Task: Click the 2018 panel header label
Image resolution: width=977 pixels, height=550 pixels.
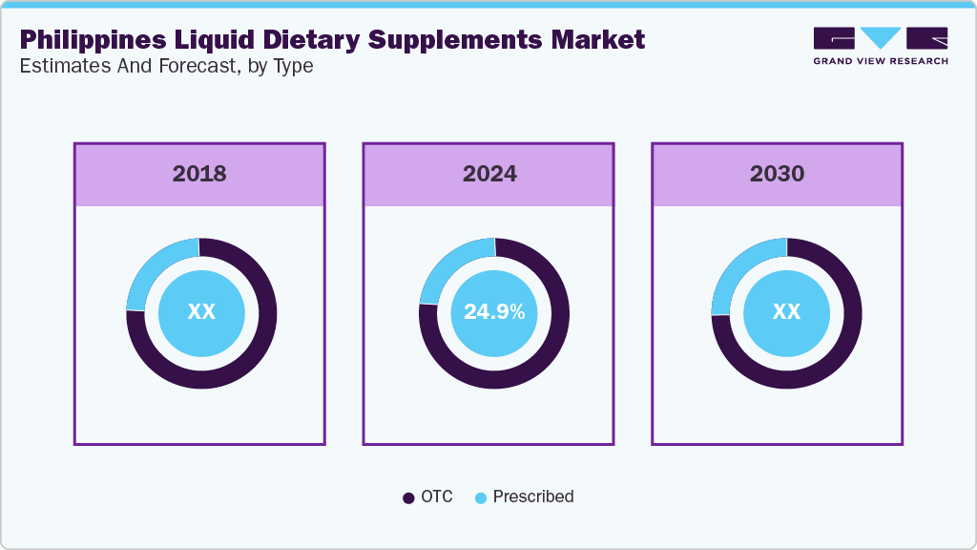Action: (199, 174)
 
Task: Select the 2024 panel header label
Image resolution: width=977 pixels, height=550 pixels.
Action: (489, 174)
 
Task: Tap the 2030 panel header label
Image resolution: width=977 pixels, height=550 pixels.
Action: (777, 174)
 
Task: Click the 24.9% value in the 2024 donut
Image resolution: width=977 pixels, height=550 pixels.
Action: (493, 311)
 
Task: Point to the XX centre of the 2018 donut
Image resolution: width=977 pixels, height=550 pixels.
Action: (201, 312)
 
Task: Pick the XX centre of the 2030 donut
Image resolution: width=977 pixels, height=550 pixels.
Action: (786, 312)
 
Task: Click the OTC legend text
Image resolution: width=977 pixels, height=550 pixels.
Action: (437, 497)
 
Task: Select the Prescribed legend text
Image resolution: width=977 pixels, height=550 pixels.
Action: (533, 497)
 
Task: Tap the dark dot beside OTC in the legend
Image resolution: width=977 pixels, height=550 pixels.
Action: (408, 497)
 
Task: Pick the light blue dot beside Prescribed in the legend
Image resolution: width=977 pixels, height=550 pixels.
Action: (481, 497)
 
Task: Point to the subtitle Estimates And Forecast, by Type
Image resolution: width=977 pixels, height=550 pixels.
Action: (167, 66)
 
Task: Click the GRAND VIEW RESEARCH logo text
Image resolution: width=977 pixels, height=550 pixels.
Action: (881, 61)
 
